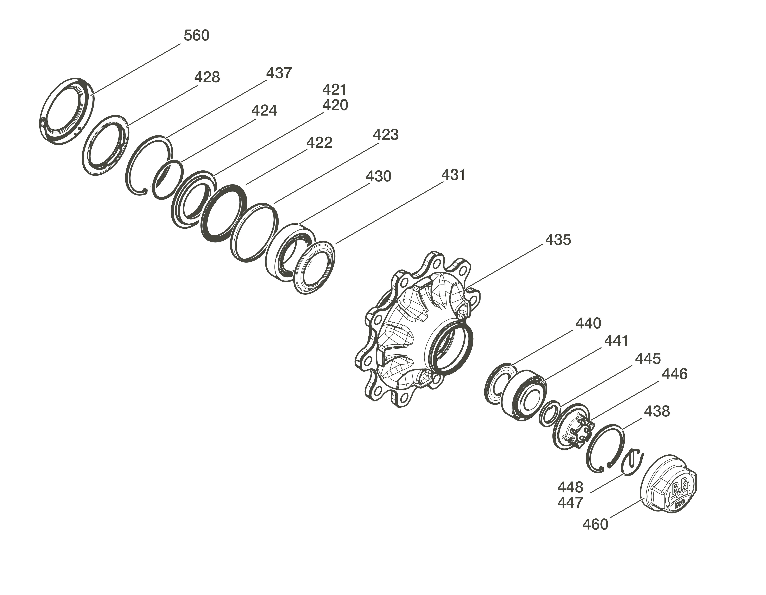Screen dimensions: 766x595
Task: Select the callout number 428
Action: pos(207,77)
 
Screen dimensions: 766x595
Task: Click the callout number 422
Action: pos(319,143)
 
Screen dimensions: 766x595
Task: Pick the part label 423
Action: pos(386,135)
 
